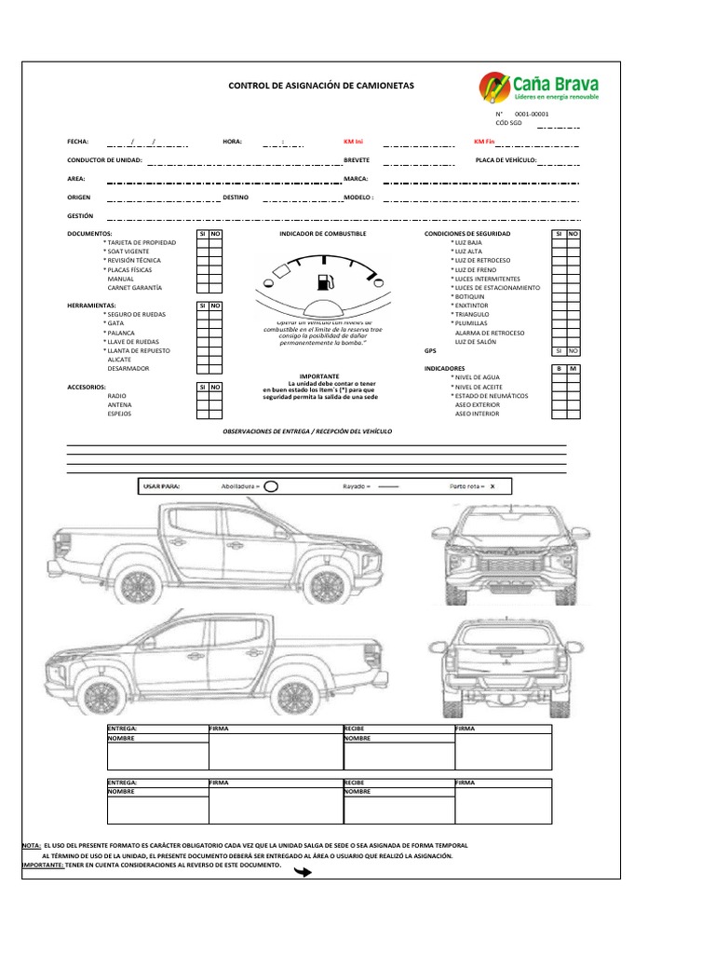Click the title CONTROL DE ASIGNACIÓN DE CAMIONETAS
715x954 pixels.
(321, 86)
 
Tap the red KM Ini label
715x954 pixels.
(354, 142)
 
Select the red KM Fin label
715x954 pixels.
(484, 142)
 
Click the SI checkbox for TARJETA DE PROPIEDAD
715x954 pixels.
(202, 242)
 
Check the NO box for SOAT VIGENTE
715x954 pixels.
(215, 252)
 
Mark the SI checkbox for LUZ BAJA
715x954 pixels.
(559, 242)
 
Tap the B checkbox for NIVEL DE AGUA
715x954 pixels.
(559, 377)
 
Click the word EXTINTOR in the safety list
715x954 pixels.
(471, 306)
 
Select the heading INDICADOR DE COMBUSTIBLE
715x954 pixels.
(323, 233)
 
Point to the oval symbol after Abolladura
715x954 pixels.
(271, 485)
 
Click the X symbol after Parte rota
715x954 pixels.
(493, 486)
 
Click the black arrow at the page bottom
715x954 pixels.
(303, 872)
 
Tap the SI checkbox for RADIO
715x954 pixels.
(202, 396)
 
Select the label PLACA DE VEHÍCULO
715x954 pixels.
(506, 160)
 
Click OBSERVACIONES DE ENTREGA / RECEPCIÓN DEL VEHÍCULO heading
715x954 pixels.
(307, 433)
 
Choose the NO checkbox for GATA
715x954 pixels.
(215, 323)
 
